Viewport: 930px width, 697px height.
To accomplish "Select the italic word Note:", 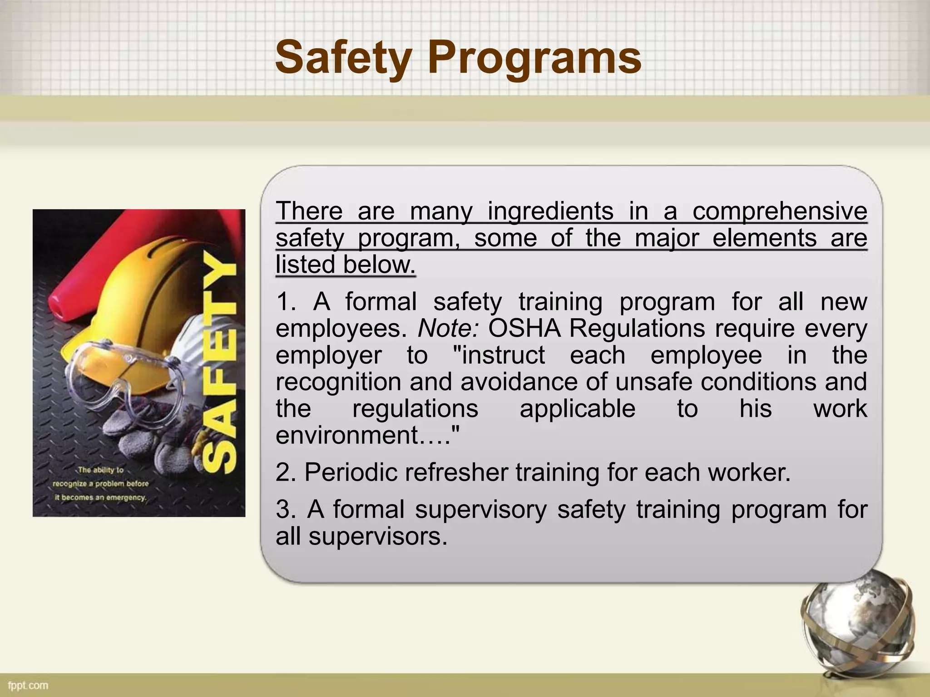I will (x=448, y=329).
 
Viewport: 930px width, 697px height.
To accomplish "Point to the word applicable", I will (x=577, y=409).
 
